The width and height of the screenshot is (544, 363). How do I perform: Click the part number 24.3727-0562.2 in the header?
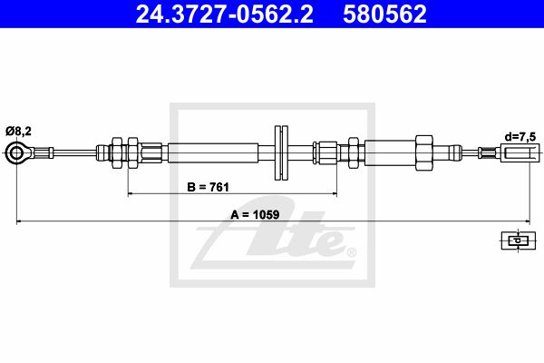click(224, 14)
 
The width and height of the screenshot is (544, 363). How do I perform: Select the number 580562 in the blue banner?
click(384, 14)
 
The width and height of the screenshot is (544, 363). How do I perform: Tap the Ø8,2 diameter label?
click(18, 132)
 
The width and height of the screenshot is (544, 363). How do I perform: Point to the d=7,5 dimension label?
click(520, 136)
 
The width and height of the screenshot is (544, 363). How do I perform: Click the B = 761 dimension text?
click(209, 187)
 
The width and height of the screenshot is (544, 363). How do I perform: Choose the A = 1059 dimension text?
click(255, 215)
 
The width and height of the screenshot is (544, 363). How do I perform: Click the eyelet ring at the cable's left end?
click(16, 152)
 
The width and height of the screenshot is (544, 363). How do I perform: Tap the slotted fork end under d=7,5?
click(520, 152)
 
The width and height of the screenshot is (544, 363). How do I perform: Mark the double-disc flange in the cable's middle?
click(281, 152)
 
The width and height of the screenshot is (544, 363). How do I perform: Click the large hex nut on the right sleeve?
click(424, 152)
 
